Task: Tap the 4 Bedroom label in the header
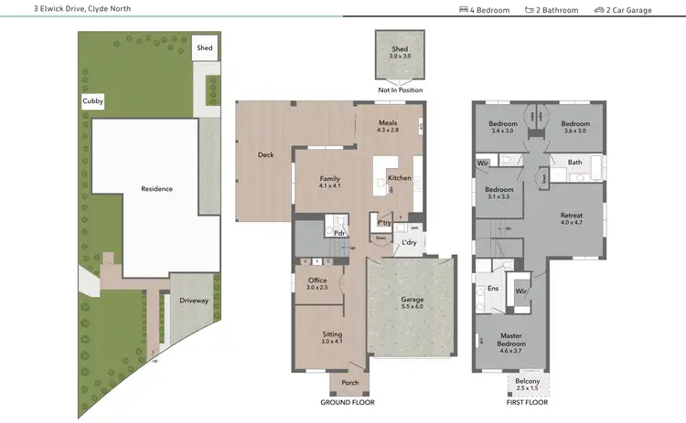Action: click(x=485, y=10)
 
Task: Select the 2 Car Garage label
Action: click(x=626, y=10)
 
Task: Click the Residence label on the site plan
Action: click(x=156, y=189)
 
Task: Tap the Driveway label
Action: click(x=193, y=299)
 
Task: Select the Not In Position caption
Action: click(x=400, y=90)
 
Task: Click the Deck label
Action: click(x=266, y=155)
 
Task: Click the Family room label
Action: click(x=329, y=178)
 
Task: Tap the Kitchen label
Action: click(x=399, y=178)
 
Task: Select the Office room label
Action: click(x=317, y=280)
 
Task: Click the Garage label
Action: click(x=412, y=300)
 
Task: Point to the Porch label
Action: click(x=349, y=383)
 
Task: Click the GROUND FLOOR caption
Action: click(x=347, y=402)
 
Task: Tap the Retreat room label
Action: click(x=571, y=215)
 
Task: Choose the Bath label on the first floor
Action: click(x=574, y=163)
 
